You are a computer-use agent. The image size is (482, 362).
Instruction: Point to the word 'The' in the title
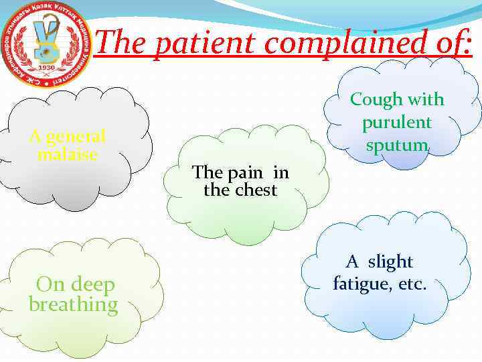click(120, 44)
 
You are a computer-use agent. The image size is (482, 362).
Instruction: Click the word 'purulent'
click(397, 123)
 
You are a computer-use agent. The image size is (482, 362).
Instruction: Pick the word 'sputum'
click(397, 145)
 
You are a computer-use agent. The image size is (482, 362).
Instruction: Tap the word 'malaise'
click(68, 154)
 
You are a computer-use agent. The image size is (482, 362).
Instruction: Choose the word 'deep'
click(94, 285)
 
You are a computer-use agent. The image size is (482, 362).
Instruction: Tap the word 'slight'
click(390, 262)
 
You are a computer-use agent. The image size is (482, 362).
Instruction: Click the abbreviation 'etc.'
click(412, 284)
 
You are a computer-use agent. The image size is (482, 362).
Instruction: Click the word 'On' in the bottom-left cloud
click(50, 285)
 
